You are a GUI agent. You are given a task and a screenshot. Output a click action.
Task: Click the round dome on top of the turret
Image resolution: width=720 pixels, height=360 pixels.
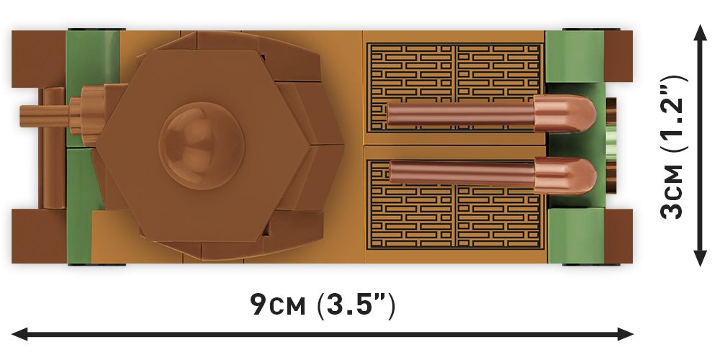(x=201, y=145)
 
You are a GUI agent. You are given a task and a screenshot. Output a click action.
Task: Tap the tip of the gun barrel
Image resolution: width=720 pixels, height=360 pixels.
(x=21, y=116)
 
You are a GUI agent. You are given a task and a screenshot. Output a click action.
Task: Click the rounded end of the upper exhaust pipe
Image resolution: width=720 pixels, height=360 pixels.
(x=565, y=114)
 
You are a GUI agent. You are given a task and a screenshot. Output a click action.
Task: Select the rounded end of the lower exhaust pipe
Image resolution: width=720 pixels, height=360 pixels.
(x=565, y=176)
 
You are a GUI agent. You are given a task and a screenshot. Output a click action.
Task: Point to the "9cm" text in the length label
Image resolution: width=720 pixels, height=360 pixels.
(x=278, y=304)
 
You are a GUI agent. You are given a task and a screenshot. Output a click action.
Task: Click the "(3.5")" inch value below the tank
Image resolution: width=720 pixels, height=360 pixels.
(x=356, y=305)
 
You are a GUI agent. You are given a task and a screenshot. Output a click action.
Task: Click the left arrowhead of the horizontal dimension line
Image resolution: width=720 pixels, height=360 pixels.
(x=19, y=334)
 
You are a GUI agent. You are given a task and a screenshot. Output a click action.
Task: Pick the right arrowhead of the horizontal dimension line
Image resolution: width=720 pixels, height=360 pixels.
(x=626, y=334)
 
